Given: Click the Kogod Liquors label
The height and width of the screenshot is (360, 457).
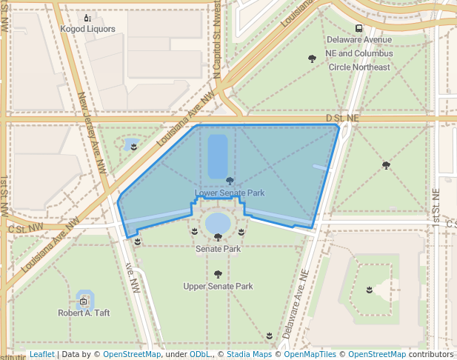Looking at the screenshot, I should click(x=87, y=29).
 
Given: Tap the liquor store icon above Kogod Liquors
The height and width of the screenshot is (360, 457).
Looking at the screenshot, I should click(x=87, y=18).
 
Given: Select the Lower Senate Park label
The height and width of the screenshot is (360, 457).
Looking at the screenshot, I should click(x=230, y=193).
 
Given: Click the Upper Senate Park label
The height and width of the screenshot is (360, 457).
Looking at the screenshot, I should click(x=218, y=286).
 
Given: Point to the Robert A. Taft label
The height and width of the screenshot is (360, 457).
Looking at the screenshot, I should click(x=84, y=313).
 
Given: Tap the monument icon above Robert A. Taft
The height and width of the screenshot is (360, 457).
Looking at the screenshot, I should click(x=84, y=301).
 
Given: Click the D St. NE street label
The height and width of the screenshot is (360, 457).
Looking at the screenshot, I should click(x=342, y=119).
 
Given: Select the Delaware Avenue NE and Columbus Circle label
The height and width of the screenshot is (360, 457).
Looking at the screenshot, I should click(x=359, y=53).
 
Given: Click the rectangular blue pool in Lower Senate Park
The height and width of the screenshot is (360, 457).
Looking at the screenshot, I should click(x=218, y=156).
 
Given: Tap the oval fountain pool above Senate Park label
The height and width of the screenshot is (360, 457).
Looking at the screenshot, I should click(x=218, y=222).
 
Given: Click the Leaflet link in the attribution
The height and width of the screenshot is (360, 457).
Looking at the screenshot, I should click(x=41, y=355).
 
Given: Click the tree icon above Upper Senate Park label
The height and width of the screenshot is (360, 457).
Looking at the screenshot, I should click(x=218, y=275).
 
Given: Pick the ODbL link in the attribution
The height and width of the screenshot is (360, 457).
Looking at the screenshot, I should click(x=199, y=355).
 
